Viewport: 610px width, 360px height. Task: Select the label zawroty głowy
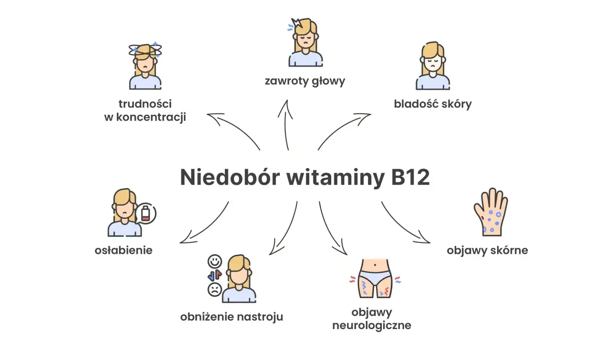click(x=305, y=81)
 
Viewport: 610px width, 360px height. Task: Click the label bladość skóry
click(x=433, y=104)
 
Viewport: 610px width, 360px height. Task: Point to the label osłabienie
click(x=124, y=250)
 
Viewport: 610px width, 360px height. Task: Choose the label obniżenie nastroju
click(x=232, y=316)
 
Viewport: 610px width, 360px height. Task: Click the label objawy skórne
click(x=488, y=250)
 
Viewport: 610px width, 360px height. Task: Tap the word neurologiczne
click(x=372, y=326)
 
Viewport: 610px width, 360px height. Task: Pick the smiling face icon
click(x=215, y=261)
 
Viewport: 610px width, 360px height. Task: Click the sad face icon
click(x=214, y=289)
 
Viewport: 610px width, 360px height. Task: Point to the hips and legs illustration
click(x=375, y=279)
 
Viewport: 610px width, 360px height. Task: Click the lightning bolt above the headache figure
click(x=296, y=23)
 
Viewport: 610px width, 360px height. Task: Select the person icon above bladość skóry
click(x=433, y=67)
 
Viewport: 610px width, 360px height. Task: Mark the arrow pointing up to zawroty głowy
click(x=286, y=124)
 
